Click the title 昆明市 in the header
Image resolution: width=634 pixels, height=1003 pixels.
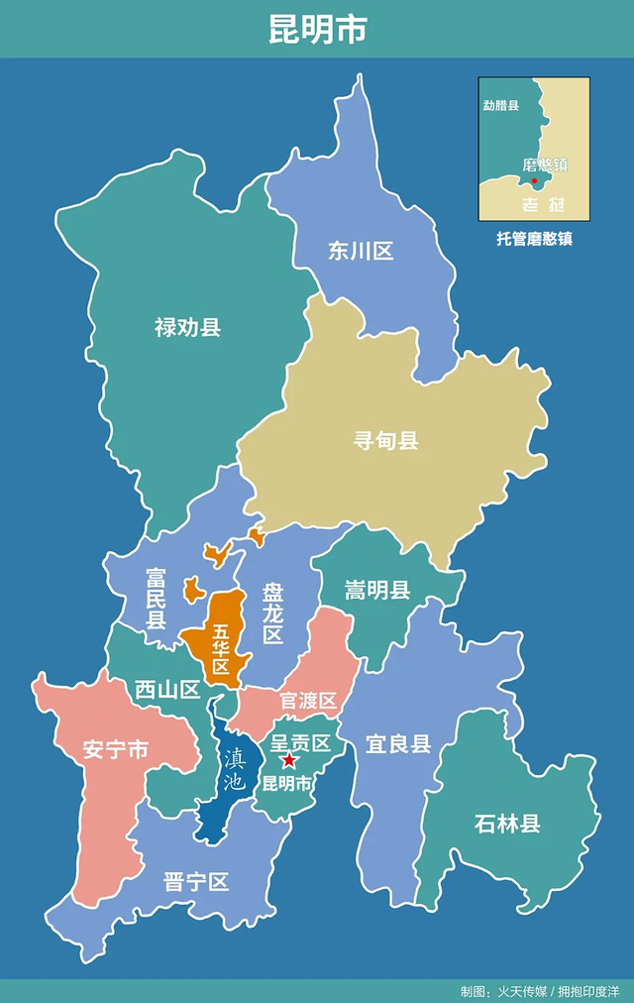[x=317, y=29]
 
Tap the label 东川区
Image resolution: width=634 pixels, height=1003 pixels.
[x=361, y=251]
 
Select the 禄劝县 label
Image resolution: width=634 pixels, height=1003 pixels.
[x=187, y=327]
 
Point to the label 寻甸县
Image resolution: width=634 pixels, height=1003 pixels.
[x=386, y=440]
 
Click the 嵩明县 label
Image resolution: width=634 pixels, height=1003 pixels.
[x=377, y=592]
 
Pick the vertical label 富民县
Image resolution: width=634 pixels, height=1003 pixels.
[x=156, y=599]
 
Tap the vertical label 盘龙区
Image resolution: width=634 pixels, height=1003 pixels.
[x=272, y=613]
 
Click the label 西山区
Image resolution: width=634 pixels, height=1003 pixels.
[x=167, y=690]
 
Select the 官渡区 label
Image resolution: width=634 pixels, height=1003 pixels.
[x=308, y=701]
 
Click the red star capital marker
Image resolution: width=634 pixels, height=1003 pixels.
[x=288, y=761]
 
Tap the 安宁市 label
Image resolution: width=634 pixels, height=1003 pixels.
[x=115, y=749]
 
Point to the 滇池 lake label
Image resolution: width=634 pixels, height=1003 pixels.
[x=233, y=769]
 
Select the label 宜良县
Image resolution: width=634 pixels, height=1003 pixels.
[x=398, y=743]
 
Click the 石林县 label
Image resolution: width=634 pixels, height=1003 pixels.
[x=507, y=823]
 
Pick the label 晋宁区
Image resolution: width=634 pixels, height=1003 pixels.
[x=196, y=882]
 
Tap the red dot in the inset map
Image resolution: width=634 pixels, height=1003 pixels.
[x=535, y=180]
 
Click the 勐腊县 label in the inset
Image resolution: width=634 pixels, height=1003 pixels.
[x=500, y=106]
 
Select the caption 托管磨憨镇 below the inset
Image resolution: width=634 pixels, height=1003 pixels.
[x=534, y=239]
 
